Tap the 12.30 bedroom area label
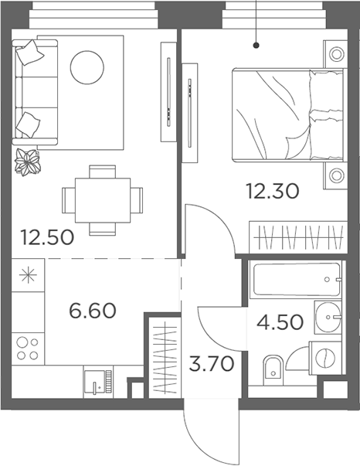click(272, 191)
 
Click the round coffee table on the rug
click(87, 69)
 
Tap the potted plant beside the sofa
click(29, 161)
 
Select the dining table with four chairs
click(103, 200)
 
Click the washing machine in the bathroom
click(325, 359)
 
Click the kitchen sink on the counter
click(98, 382)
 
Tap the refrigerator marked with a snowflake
click(29, 276)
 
